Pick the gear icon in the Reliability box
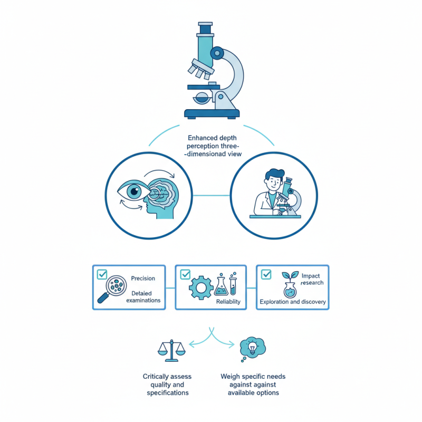click(x=201, y=287)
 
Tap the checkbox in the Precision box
click(x=102, y=275)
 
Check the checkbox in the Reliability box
click(x=185, y=275)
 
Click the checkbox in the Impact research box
click(x=266, y=274)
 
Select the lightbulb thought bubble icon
click(x=252, y=348)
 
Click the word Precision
click(x=143, y=279)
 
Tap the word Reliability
click(x=228, y=302)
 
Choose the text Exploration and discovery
click(x=293, y=302)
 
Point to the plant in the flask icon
click(x=289, y=285)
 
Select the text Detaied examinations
click(x=143, y=296)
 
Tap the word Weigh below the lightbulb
click(x=231, y=377)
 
